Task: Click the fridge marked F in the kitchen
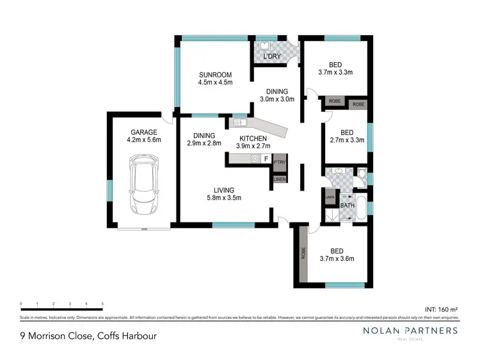point(266,159)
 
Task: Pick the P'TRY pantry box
point(280,164)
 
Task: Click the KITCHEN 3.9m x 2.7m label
point(255,142)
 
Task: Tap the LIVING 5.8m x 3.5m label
point(224,194)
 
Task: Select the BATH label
point(348,205)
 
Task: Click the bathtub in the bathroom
point(362,208)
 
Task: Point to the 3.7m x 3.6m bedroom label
point(336,255)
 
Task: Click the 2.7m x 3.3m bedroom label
point(346,137)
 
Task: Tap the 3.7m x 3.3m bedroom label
point(336,69)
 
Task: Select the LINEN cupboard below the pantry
point(280,180)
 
